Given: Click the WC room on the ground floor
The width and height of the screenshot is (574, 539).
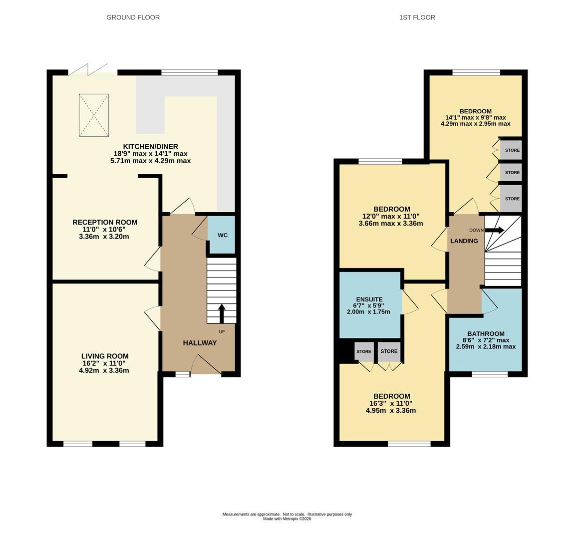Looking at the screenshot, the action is point(222,235).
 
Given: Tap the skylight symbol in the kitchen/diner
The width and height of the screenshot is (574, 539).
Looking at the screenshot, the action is point(94,115).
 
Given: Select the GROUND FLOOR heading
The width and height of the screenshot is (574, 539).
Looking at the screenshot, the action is point(133,17).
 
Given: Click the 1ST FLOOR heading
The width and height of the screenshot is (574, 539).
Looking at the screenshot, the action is point(417,17).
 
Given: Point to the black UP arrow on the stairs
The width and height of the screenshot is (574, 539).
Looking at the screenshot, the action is point(222,313).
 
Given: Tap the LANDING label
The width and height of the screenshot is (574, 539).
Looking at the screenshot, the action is point(464,241).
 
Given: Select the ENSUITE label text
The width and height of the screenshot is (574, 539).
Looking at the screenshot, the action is point(369,299).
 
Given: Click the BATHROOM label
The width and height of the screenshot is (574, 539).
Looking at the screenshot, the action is point(486,334).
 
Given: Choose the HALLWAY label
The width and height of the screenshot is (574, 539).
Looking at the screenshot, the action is point(200,343).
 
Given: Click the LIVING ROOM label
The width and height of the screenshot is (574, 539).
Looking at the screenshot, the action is point(105,356).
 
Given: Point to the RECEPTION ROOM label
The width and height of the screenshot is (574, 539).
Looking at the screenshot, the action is point(105,222).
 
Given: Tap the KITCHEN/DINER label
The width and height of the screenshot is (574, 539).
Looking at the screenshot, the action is point(150,146).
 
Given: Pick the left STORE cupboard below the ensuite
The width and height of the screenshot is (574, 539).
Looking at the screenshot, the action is point(364,351).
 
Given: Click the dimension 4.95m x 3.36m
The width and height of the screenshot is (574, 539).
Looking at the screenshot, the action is point(391,411).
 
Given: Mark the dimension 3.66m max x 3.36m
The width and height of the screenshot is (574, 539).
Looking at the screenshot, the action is point(391,223).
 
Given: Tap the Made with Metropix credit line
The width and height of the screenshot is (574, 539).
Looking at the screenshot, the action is point(287,519).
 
